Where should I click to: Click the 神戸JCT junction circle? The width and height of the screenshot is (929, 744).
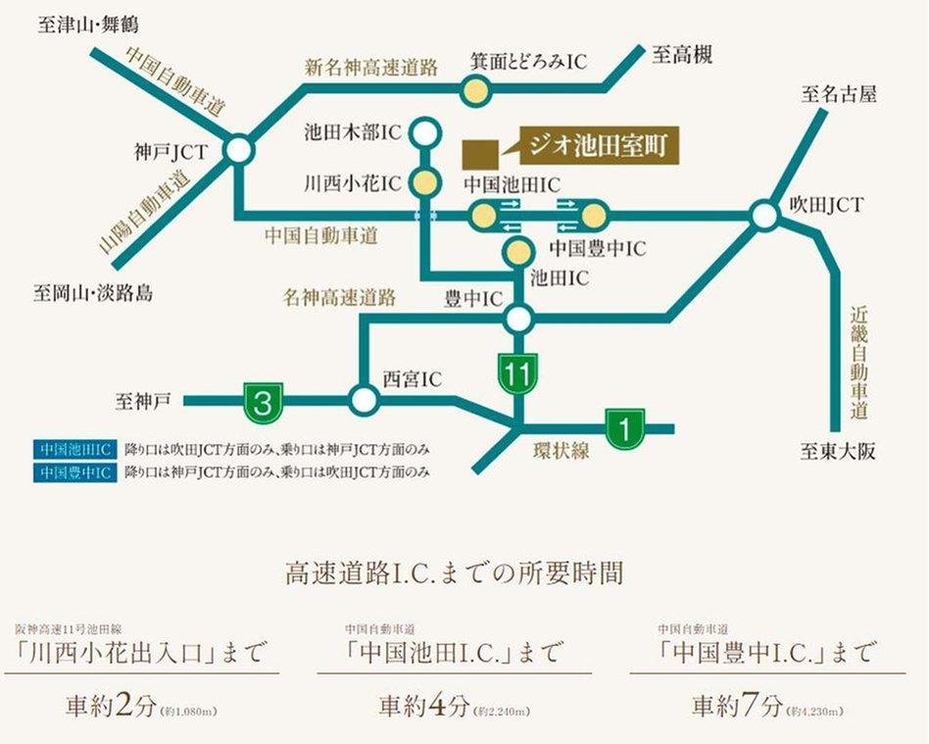pyautogui.click(x=238, y=150)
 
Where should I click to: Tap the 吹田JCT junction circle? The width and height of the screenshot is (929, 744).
pyautogui.click(x=764, y=214)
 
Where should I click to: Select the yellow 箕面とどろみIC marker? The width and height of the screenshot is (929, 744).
pyautogui.click(x=475, y=91)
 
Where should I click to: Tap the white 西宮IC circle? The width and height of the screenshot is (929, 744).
pyautogui.click(x=364, y=399)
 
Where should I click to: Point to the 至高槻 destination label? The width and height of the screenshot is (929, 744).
pyautogui.click(x=682, y=55)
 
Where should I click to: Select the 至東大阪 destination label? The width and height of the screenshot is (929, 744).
pyautogui.click(x=836, y=452)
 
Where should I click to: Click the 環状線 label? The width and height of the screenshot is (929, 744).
pyautogui.click(x=561, y=451)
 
